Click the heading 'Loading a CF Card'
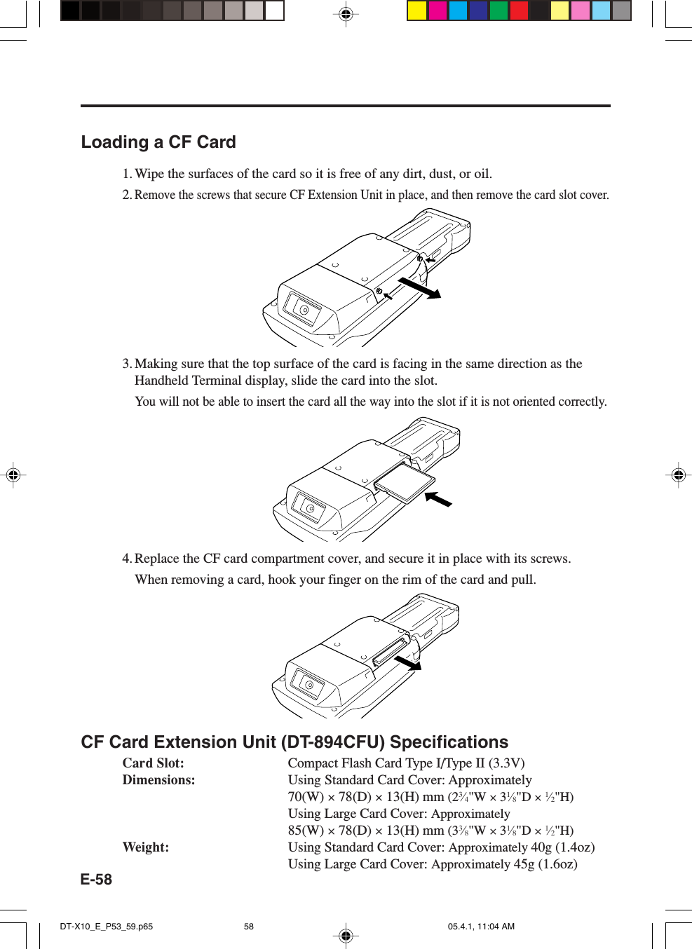(x=158, y=142)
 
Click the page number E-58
(x=96, y=880)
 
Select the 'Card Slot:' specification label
(x=153, y=763)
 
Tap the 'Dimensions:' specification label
(x=158, y=780)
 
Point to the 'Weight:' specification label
(x=145, y=847)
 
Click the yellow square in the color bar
(x=417, y=11)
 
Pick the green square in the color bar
(x=498, y=11)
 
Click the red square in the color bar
(x=519, y=11)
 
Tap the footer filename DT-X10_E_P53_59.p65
(x=106, y=927)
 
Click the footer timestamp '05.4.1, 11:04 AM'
(x=481, y=927)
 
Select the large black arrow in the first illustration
(x=419, y=288)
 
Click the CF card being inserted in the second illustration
(x=405, y=483)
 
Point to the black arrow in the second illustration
(x=439, y=499)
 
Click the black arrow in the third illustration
(x=408, y=662)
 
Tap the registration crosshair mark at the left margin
(x=13, y=475)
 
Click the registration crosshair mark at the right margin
(x=678, y=475)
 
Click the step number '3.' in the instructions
(x=127, y=364)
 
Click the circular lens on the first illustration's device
(x=304, y=310)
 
